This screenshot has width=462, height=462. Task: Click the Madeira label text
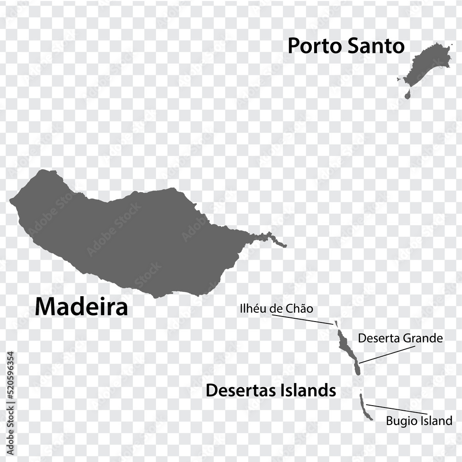click(x=81, y=307)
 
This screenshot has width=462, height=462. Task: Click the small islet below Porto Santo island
click(x=407, y=95)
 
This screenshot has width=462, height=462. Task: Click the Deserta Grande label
click(x=400, y=339)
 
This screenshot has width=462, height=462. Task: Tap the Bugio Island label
click(x=419, y=421)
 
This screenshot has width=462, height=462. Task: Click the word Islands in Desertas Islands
click(x=309, y=390)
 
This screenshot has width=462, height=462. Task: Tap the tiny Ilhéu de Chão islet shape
click(x=336, y=323)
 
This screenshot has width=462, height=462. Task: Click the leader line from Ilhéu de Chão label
click(x=303, y=319)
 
